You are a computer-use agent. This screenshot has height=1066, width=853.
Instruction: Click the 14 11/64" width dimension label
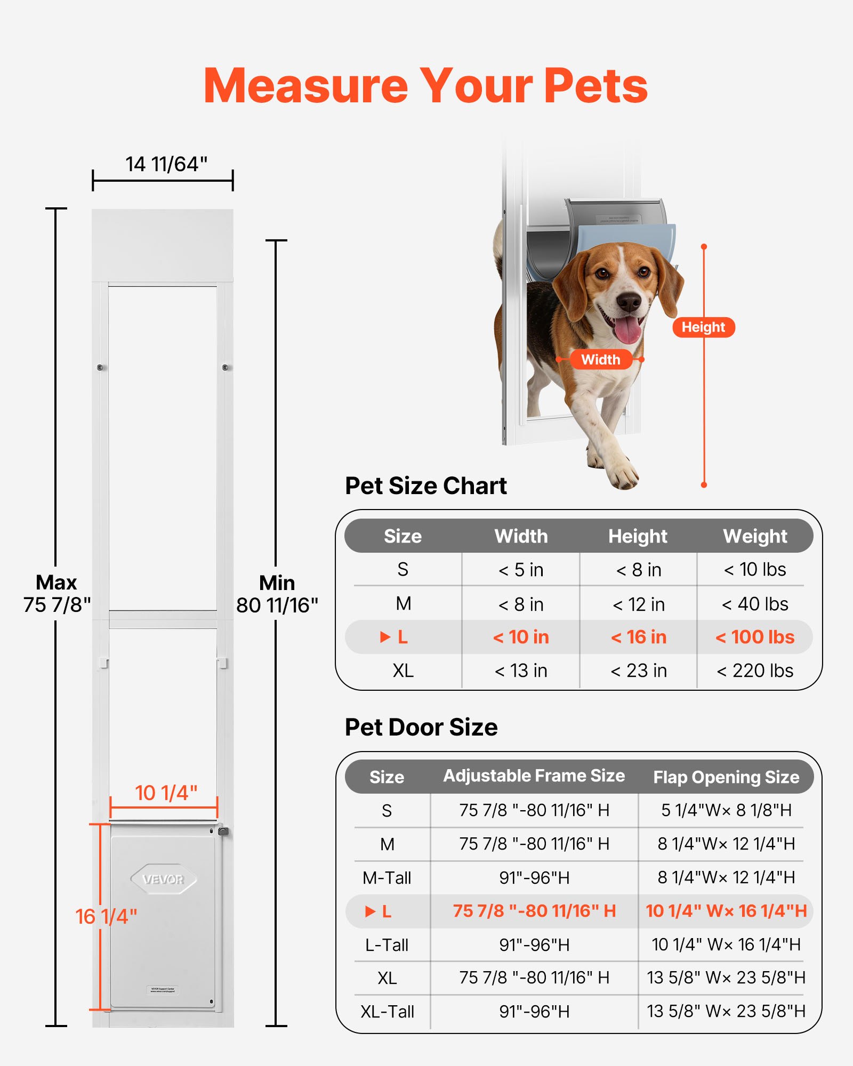pos(166,164)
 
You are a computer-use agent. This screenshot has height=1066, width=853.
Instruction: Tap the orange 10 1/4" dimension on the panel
pos(166,793)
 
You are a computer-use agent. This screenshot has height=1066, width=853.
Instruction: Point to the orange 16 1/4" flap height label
pos(106,916)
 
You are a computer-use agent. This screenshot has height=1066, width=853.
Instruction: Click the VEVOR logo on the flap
pos(164,879)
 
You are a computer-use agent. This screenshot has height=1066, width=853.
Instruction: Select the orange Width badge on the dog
pos(600,359)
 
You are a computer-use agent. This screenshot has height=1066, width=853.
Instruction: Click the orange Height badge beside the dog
pos(703,327)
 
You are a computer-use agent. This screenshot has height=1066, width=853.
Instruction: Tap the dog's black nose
pos(629,302)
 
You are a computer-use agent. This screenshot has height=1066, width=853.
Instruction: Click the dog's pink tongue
pos(627,329)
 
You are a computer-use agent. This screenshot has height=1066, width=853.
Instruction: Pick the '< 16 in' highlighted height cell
pos(638,637)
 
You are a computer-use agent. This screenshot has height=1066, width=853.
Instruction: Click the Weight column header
pos(755,536)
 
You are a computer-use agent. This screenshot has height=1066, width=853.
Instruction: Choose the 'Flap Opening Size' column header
pos(726,777)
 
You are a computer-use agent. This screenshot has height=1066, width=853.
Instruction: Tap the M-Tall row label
pos(387,877)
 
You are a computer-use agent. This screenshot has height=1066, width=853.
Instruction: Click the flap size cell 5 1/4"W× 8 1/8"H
pos(726,810)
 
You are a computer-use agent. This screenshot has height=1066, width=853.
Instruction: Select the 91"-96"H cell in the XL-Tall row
pos(534,1011)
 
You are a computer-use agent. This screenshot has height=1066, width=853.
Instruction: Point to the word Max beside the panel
pos(57,582)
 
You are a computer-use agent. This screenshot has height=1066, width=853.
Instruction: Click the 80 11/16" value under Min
pos(277,605)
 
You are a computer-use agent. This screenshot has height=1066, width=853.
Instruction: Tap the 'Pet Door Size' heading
pos(421,727)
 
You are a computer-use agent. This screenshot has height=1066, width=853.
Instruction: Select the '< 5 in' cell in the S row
pos(521,570)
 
